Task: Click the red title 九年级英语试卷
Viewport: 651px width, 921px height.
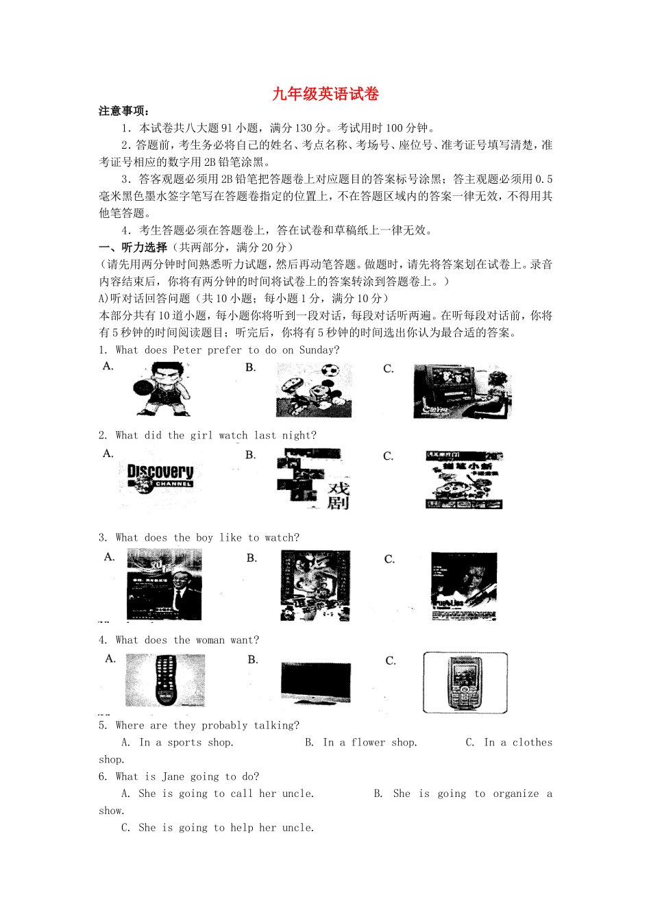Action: [x=325, y=94]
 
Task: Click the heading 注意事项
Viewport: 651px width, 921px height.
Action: [x=123, y=111]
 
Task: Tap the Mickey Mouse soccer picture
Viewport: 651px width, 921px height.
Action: [x=314, y=390]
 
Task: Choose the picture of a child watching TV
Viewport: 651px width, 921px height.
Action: [x=461, y=391]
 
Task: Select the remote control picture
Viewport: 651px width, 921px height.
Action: [x=165, y=680]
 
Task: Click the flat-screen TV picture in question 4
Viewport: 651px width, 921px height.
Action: [x=316, y=681]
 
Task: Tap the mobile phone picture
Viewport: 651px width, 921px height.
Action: [x=465, y=683]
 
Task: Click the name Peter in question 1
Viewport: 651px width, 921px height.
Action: [x=187, y=350]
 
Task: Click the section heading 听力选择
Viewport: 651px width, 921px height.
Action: [x=144, y=247]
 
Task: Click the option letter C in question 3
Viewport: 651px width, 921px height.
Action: [x=389, y=560]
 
